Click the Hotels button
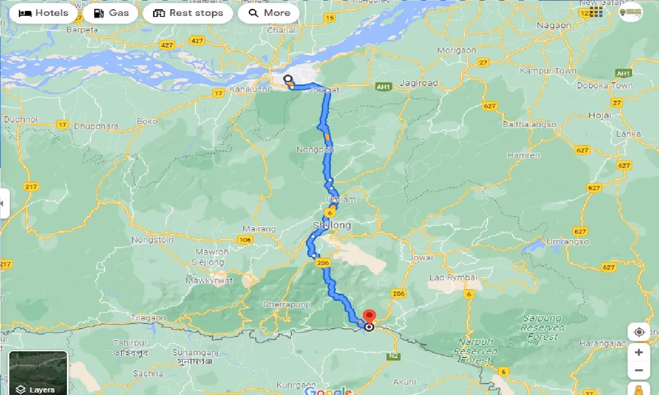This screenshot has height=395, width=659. pos(43,13)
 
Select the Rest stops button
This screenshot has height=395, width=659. pos(188,13)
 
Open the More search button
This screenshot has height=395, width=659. pos(269,13)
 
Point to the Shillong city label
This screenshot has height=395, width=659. pos(332,225)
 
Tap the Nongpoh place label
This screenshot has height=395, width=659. pos(315,149)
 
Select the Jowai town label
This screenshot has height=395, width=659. pos(421,257)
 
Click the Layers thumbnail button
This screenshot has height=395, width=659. pos(38,373)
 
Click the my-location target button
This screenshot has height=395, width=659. pos(639,332)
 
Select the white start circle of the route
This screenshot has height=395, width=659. pos(288,79)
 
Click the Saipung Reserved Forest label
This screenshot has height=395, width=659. pos(543,327)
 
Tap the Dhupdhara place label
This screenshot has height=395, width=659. pos(96,126)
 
